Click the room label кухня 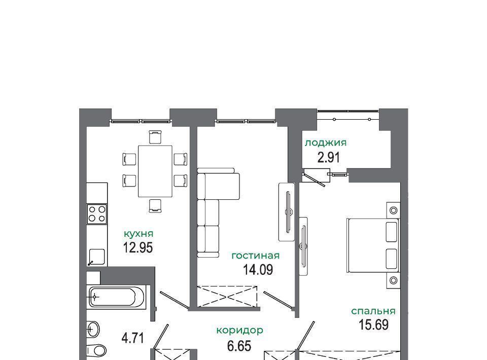coord(138,234)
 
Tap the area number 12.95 coord(138,248)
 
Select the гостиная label coord(256,256)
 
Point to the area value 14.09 coord(258,270)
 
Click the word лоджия coord(326,143)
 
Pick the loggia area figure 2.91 coord(329,157)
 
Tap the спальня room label coord(373,311)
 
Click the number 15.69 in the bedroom coord(374,325)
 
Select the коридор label coord(240,331)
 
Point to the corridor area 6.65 coord(239,346)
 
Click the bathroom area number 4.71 coord(133,338)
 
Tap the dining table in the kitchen coord(155,171)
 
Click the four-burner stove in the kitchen coord(97,214)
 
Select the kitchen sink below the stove coord(97,257)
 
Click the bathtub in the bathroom coord(116,297)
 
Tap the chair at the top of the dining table coord(155,137)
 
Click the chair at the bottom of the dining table coord(155,206)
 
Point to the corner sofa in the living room coord(218,212)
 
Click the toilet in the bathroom coord(97,351)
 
